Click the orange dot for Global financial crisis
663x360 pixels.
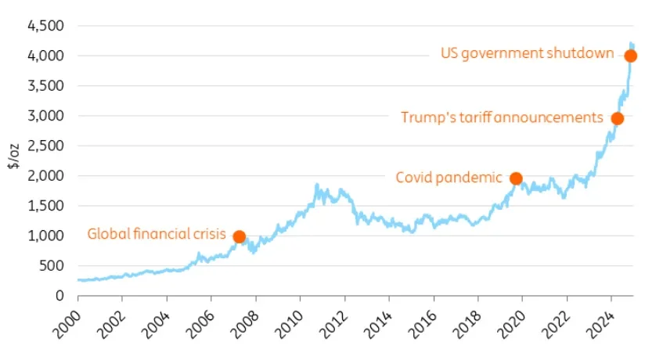240,236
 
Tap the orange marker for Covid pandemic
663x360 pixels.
516,178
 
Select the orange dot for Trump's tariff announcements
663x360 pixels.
617,119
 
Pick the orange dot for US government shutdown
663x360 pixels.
630,56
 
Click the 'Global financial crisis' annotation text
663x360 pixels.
156,234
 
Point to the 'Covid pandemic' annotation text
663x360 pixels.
449,178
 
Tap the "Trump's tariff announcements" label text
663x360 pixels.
502,117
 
